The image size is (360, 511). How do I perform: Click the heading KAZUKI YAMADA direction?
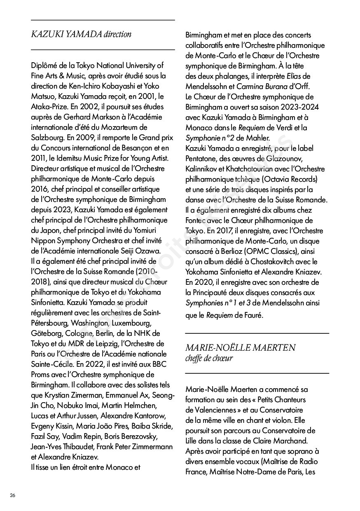(x=81, y=34)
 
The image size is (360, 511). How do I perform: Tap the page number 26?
(x=13, y=495)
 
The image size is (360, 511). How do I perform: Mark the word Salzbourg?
(x=48, y=138)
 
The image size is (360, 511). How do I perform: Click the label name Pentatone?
(x=204, y=159)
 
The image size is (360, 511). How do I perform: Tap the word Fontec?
(x=196, y=220)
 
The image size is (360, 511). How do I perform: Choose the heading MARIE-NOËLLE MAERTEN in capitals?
(x=241, y=347)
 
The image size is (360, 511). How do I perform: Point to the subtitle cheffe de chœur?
(x=209, y=358)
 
